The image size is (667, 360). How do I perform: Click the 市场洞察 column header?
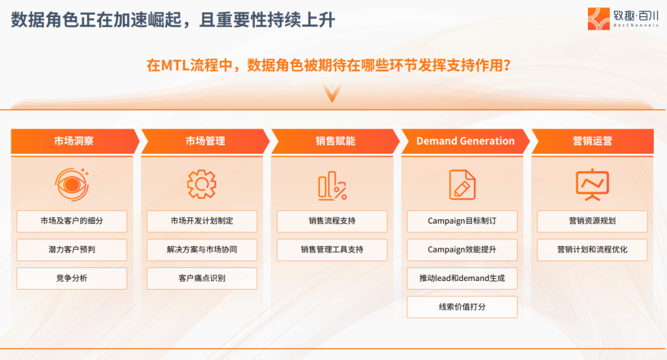coord(75,141)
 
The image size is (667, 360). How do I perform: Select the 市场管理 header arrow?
coord(206,141)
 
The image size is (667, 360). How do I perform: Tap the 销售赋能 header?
coord(335,141)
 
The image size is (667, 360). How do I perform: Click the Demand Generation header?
coord(466,141)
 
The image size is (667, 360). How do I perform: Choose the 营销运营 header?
coord(592,141)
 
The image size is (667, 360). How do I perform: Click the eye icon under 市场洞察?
coord(72,184)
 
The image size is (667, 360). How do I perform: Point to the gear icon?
coord(201,184)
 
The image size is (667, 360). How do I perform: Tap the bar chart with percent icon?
coord(332,185)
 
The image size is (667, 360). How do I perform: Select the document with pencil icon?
coord(463,185)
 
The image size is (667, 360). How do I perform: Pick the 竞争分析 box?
coord(72,278)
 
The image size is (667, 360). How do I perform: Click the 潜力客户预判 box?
coord(72,250)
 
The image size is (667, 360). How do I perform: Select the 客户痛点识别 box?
coord(202,278)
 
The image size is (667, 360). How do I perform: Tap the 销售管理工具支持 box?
coord(332,250)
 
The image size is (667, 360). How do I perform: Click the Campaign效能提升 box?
coord(463,250)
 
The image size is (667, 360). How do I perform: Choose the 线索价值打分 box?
coord(463,307)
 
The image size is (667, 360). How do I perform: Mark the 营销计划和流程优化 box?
coord(592,250)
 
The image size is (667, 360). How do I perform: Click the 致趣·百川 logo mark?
coord(598,19)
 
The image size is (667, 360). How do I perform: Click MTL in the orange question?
coord(175,65)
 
